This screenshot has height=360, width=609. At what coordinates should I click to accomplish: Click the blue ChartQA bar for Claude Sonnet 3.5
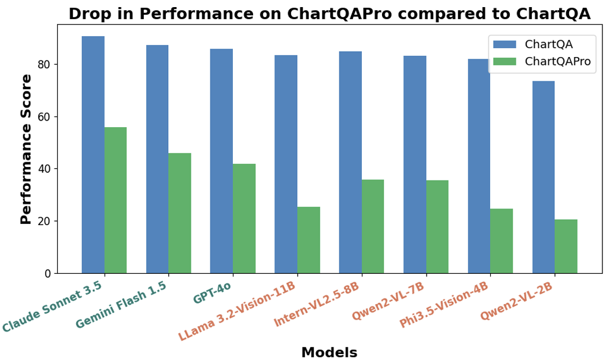(93, 154)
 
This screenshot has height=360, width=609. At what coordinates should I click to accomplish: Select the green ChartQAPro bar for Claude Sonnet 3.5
(115, 200)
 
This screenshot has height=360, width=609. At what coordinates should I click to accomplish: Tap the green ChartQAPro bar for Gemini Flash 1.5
(179, 213)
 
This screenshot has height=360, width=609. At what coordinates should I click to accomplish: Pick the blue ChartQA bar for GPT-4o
(222, 161)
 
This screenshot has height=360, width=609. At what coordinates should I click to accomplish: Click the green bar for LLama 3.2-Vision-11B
(308, 240)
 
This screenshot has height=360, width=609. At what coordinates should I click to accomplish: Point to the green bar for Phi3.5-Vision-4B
(501, 241)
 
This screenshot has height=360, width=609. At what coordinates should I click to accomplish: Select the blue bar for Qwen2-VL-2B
(543, 177)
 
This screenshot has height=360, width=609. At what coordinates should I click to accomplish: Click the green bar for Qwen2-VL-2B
(566, 247)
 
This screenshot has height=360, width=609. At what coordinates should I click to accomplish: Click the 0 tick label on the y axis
(49, 274)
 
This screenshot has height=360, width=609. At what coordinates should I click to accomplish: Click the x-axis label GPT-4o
(212, 293)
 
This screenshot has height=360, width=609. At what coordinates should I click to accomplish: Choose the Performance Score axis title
(26, 149)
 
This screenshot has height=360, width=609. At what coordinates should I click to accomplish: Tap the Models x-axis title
(329, 352)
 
